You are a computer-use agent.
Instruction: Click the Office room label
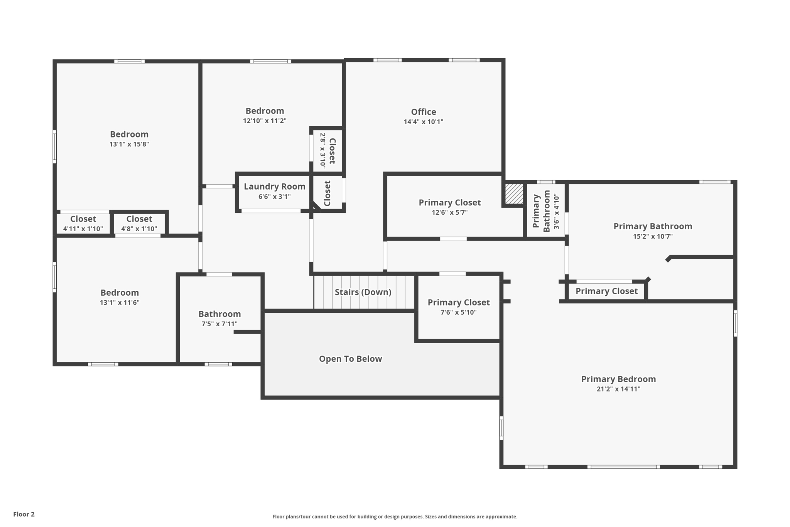pos(423,112)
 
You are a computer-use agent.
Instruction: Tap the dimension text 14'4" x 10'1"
pos(423,122)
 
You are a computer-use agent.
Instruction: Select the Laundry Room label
pos(274,186)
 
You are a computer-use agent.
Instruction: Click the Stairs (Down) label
pos(363,292)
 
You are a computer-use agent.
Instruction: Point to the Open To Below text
pos(350,359)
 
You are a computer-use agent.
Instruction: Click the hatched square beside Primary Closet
pos(514,194)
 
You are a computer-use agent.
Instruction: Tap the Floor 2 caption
pos(24,514)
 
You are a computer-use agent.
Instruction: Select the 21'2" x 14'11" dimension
pos(618,389)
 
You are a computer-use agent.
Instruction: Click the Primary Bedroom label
pos(618,379)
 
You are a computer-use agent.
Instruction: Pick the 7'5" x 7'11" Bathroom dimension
pos(219,324)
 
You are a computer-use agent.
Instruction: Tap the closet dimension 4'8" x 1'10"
pos(139,229)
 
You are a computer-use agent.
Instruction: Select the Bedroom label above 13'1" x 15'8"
pos(129,134)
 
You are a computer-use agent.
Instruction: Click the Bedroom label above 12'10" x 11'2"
pos(265,111)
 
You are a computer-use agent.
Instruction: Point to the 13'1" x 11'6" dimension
pos(120,303)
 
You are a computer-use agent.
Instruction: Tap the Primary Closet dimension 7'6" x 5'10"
pos(458,312)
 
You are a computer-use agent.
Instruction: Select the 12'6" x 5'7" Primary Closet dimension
pos(449,213)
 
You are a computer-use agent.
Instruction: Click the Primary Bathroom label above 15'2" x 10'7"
pos(652,227)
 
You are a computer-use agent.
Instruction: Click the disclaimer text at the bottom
pos(395,517)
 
